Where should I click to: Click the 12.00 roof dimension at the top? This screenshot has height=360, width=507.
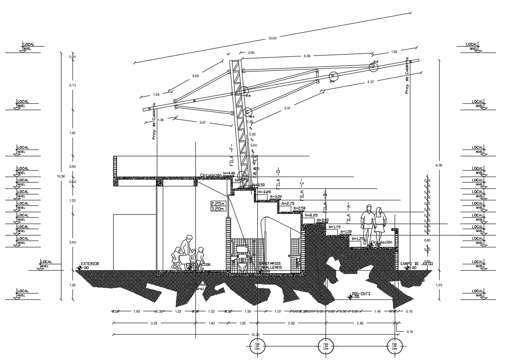pyautogui.click(x=272, y=39)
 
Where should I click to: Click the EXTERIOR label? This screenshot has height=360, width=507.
pyautogui.click(x=89, y=264)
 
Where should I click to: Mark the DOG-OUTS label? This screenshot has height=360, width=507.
pyautogui.click(x=362, y=294)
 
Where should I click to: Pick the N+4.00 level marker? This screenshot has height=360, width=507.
pyautogui.click(x=229, y=173)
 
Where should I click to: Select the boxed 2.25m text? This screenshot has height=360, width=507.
pyautogui.click(x=217, y=203)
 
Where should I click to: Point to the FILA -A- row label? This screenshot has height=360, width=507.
pyautogui.click(x=349, y=212)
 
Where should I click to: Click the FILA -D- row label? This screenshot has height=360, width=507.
pyautogui.click(x=279, y=178)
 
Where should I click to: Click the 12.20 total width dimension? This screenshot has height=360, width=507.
pyautogui.click(x=254, y=335)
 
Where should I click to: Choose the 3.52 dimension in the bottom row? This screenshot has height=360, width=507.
pyautogui.click(x=154, y=323)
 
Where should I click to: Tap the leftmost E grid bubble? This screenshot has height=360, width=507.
pyautogui.click(x=257, y=346)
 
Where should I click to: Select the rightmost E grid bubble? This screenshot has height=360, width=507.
pyautogui.click(x=395, y=346)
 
